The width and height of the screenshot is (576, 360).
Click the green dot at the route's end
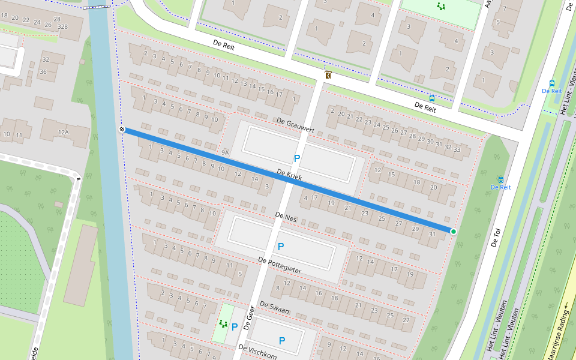(453, 232)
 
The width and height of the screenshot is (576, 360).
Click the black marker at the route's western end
(122, 129)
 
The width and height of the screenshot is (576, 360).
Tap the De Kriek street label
(289, 175)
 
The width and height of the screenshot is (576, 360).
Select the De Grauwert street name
(296, 125)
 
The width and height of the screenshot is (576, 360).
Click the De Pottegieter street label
(279, 265)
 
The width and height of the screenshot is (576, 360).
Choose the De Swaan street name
(275, 310)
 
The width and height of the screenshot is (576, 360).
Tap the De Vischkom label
(257, 352)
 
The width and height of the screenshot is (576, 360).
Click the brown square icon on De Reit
(328, 76)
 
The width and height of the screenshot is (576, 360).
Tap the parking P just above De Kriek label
(296, 158)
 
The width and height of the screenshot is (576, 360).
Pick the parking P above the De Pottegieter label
(280, 247)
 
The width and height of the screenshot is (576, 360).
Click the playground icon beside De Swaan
(223, 324)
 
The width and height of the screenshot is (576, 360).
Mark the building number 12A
(63, 132)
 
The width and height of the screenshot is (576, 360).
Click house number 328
(62, 28)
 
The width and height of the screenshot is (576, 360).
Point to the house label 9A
(226, 153)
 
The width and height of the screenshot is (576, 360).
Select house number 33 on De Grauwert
(457, 149)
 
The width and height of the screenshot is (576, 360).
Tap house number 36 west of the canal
(43, 72)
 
